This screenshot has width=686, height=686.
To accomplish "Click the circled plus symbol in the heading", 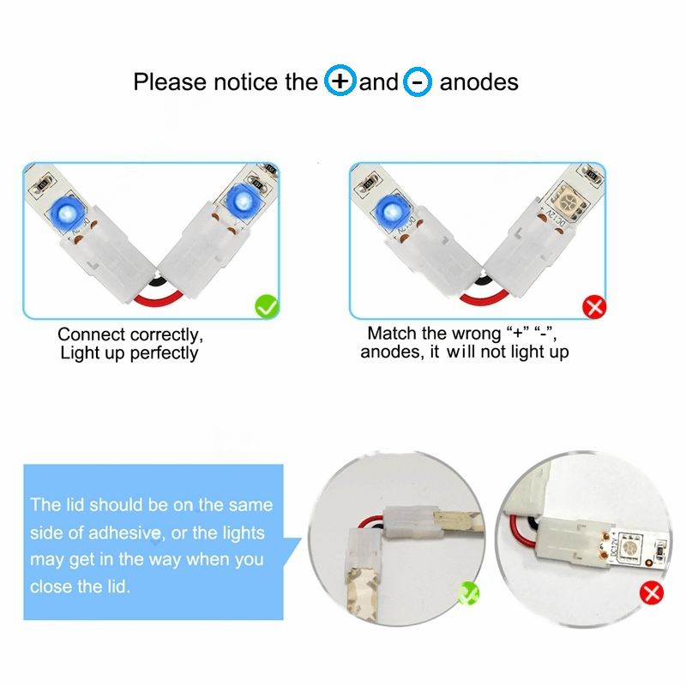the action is coord(340,80).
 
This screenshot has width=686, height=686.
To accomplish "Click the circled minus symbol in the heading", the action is coord(418,81).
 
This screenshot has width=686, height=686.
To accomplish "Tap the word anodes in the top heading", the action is coord(479,82).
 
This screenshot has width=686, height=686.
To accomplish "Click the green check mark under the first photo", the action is coord(267,306).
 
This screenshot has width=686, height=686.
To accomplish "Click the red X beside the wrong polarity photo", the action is coord(594,307).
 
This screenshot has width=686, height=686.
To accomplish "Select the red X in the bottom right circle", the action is coord(652,593).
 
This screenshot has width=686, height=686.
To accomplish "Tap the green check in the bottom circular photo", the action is coord(468,593).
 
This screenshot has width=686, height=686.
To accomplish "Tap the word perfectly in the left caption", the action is coord(164,353).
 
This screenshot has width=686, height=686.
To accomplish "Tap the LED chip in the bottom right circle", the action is coord(629,547).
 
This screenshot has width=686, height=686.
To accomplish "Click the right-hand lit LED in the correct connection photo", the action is coord(241,202).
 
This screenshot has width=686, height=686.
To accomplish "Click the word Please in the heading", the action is coord(170,82).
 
